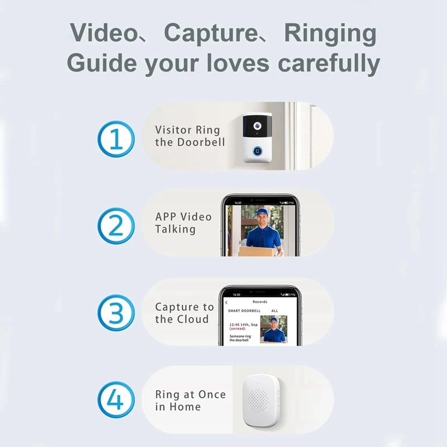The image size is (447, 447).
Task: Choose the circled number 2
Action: point(116,226)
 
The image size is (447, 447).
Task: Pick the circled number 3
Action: point(116,313)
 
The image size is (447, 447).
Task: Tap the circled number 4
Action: point(116,400)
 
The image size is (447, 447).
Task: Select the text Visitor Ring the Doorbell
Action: point(188,136)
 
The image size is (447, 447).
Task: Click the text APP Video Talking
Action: point(183,223)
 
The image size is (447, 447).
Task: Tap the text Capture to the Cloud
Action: point(184,313)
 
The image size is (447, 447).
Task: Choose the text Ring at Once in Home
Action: point(190,400)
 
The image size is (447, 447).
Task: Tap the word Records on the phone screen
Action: point(260,302)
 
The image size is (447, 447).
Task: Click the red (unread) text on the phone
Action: point(237,329)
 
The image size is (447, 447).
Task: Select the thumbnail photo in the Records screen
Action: point(274,329)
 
